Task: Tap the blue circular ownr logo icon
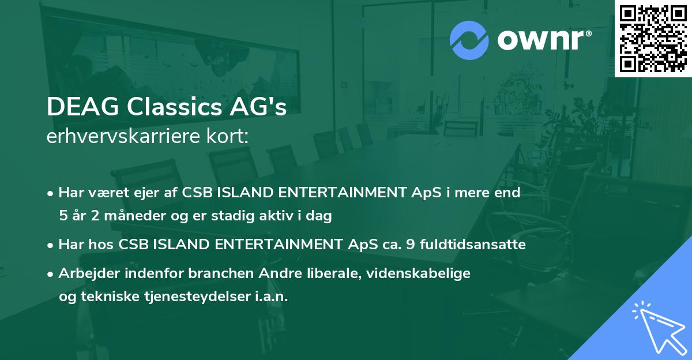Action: tap(469, 40)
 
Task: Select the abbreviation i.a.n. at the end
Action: tap(272, 297)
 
